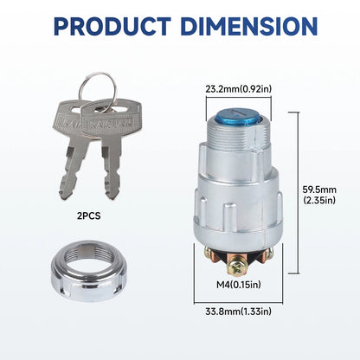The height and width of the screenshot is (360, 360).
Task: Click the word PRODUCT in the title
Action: coord(112,26)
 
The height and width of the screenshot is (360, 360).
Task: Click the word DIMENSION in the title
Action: coord(249,26)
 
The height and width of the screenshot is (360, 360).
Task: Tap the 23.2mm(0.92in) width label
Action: coord(239,89)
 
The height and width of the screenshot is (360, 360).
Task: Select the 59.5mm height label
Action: coord(319,190)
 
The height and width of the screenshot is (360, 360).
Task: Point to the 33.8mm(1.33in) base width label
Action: coord(239,312)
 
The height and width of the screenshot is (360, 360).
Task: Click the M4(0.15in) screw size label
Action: coord(239,285)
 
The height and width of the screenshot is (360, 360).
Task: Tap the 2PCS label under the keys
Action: coord(89,215)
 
